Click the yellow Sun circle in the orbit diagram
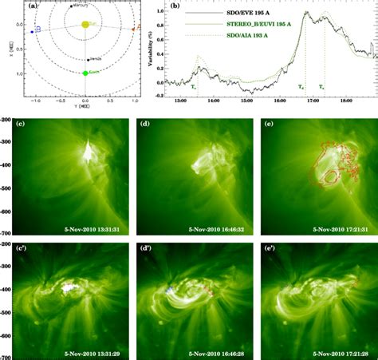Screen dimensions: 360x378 (x=86, y=25)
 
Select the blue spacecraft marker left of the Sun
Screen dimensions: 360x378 (x=32, y=31)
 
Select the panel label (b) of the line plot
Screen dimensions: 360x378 (x=166, y=6)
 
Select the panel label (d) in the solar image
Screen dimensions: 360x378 (x=145, y=124)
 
